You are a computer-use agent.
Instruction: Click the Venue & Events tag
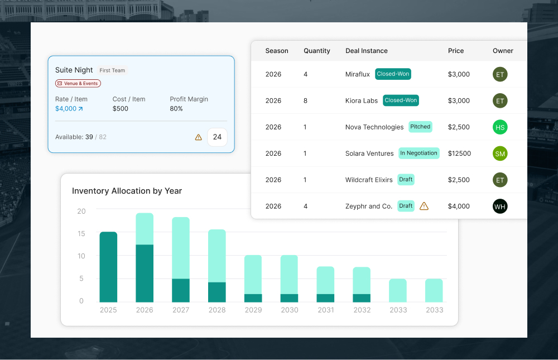[x=78, y=83]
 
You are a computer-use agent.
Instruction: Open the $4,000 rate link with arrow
[x=69, y=109]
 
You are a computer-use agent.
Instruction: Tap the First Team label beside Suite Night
[x=112, y=70]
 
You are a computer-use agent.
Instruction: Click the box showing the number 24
[x=217, y=137]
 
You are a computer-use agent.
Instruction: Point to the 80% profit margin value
[x=176, y=109]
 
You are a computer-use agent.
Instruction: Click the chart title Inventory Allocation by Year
[x=127, y=191]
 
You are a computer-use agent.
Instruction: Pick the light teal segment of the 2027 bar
[x=181, y=247]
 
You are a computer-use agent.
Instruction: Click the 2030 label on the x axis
[x=289, y=310]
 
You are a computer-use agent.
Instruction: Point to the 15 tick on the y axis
[x=81, y=234]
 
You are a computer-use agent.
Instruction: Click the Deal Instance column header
[x=366, y=51]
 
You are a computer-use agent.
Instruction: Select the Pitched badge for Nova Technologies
[x=420, y=127]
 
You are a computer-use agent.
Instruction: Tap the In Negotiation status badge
[x=419, y=153]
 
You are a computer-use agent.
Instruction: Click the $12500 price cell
[x=459, y=153]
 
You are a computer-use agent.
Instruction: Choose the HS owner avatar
[x=500, y=127]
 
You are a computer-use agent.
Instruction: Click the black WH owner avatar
[x=500, y=207]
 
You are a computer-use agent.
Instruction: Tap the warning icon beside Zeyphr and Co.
[x=424, y=206]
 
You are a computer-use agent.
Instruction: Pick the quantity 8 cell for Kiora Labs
[x=306, y=101]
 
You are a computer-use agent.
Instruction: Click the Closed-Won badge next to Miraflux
[x=393, y=74]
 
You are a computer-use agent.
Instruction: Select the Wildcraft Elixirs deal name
[x=369, y=180]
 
